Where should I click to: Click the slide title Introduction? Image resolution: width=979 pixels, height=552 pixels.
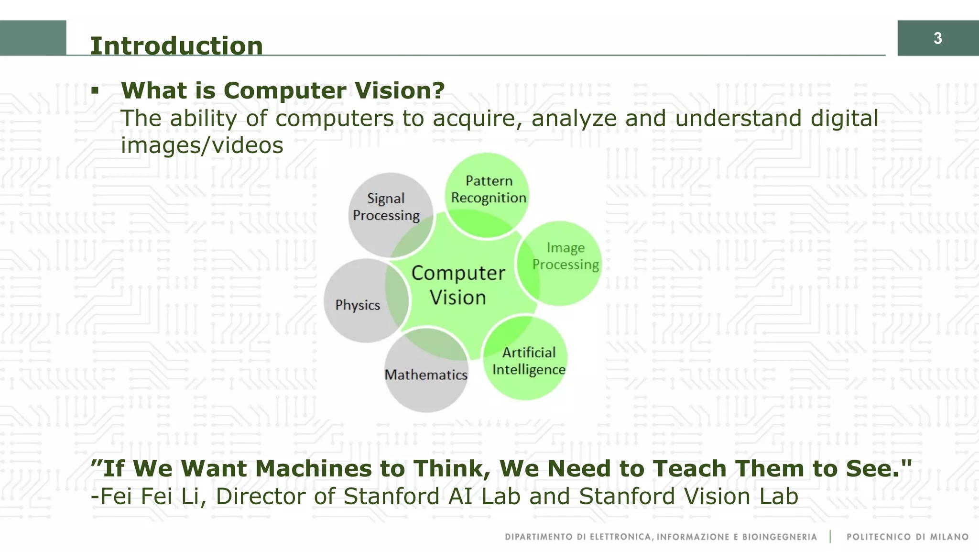point(176,46)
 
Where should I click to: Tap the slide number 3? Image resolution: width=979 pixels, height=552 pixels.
point(937,38)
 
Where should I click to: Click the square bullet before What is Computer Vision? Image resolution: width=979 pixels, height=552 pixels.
point(95,90)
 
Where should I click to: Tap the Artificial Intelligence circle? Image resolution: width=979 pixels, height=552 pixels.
point(528,361)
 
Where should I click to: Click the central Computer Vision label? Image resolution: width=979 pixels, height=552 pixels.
point(458,285)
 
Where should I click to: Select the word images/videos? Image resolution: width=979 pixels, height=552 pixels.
point(202,145)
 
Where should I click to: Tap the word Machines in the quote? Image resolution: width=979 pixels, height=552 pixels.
point(313,468)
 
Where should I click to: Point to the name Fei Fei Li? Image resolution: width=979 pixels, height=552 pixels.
point(148,496)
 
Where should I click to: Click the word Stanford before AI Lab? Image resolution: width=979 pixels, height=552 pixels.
point(391,496)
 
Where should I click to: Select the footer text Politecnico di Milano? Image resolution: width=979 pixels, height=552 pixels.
point(907,537)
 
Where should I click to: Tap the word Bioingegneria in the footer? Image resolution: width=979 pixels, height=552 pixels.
point(779,537)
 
